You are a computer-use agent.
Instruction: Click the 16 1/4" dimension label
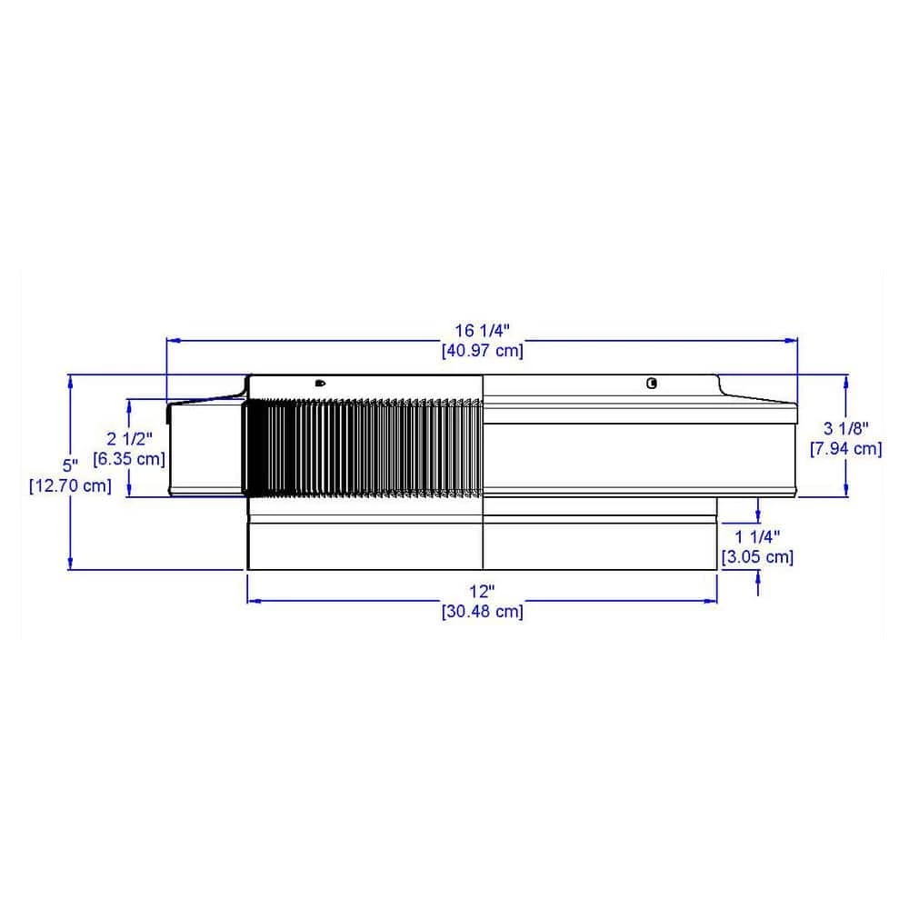482,331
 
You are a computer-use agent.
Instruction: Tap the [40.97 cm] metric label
483,351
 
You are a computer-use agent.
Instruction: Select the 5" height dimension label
70,464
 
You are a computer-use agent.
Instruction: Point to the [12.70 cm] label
70,485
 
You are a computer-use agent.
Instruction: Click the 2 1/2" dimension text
129,439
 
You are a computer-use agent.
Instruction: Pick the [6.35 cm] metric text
129,459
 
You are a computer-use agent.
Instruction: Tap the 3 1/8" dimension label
846,428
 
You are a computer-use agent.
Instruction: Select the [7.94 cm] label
846,449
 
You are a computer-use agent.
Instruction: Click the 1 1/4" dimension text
758,537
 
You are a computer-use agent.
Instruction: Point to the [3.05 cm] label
758,557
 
